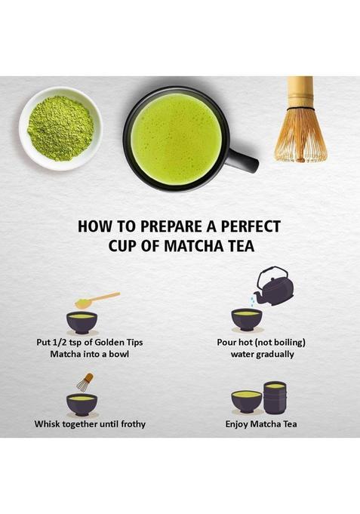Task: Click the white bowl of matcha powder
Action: coord(60,128)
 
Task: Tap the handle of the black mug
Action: coord(243,159)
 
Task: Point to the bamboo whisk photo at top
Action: coord(301,121)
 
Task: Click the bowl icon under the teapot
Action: coord(247,319)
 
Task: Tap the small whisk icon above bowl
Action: coord(85,382)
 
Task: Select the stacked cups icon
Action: coord(274,397)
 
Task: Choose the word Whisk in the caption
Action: coord(48,424)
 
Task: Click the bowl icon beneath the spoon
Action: coord(82,322)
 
